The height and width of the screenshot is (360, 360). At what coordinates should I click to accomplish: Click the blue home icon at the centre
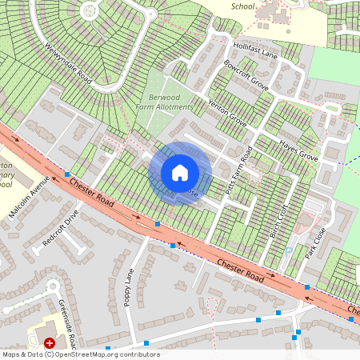180,173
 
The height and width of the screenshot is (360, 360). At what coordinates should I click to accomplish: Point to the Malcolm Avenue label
29,199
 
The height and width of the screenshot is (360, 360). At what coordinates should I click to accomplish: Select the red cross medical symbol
50,342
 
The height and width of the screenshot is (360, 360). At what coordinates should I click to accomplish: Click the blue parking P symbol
288,250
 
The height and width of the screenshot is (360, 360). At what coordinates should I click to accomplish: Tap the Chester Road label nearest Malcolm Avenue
90,196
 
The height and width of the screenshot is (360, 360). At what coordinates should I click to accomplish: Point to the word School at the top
242,6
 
